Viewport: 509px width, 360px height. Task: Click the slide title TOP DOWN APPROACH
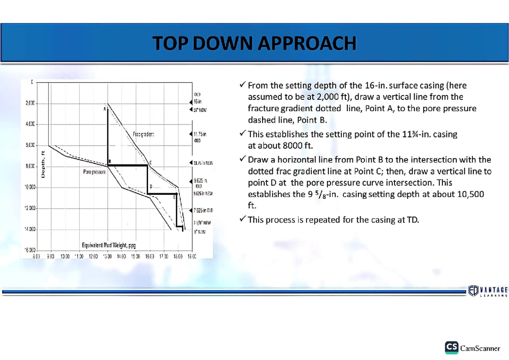[x=255, y=43]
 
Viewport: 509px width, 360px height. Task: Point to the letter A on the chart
[x=105, y=109]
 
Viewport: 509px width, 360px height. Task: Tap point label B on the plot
[x=110, y=161]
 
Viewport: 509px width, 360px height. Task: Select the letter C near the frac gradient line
[x=151, y=162]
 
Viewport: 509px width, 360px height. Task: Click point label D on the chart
[x=151, y=187]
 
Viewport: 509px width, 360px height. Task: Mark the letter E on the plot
[x=174, y=197]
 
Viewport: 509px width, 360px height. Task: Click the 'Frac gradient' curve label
[x=143, y=134]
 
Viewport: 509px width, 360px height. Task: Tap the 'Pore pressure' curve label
[x=95, y=173]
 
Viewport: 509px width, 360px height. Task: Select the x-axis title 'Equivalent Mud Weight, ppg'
[x=109, y=245]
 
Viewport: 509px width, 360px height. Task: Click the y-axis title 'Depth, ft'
[x=43, y=164]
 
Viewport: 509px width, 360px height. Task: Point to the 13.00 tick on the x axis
[x=107, y=256]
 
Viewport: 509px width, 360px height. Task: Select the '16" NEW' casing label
[x=199, y=110]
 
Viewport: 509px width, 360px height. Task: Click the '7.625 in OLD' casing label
[x=203, y=210]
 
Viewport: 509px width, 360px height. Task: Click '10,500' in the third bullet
[x=469, y=194]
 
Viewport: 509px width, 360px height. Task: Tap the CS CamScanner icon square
[x=451, y=347]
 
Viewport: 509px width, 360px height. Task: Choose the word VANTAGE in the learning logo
[x=494, y=290]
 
